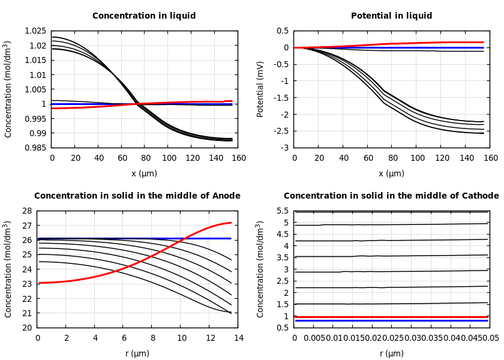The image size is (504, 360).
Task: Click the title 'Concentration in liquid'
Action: [x=144, y=16]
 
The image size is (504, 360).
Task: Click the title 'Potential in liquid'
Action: [x=391, y=16]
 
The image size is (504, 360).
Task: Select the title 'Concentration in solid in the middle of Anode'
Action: [x=137, y=196]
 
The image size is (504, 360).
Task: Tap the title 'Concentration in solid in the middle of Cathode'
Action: [x=391, y=196]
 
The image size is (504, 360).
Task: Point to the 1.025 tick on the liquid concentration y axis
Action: [x=35, y=31]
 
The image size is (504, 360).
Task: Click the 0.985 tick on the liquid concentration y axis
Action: [x=35, y=148]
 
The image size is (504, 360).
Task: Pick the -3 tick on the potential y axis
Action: [x=284, y=148]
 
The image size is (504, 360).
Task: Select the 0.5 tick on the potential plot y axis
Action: [x=282, y=31]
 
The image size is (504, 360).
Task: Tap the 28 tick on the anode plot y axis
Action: [x=26, y=211]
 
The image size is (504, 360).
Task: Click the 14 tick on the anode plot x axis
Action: [x=238, y=338]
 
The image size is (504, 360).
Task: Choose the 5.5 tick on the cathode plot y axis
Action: [x=282, y=211]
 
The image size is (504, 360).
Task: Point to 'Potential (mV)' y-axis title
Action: [x=260, y=89]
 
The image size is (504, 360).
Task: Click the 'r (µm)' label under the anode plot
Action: [x=137, y=353]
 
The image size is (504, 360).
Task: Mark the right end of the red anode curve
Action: [x=231, y=223]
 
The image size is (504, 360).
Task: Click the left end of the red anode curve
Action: [x=38, y=283]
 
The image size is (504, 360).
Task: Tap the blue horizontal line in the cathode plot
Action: [x=396, y=320]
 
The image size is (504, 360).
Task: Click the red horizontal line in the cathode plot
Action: [x=396, y=316]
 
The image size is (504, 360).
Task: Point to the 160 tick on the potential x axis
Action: [x=491, y=158]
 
